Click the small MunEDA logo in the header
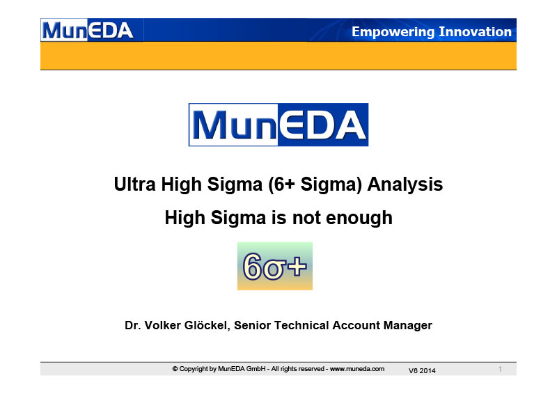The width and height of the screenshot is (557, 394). (x=88, y=30)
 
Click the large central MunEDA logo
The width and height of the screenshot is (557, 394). (x=278, y=125)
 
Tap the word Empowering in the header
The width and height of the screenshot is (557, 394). (x=393, y=32)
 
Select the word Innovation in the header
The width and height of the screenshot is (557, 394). (x=476, y=31)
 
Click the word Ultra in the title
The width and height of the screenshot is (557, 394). (x=134, y=184)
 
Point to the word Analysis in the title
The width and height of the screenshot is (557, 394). (x=405, y=184)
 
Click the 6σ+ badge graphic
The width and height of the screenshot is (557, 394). (x=275, y=266)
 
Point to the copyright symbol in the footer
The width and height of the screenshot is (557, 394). (x=175, y=369)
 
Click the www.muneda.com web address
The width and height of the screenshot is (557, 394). (x=357, y=369)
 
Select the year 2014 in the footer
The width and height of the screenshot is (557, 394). (x=427, y=371)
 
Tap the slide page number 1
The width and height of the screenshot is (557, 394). (x=500, y=369)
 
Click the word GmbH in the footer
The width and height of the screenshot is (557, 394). (x=256, y=369)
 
